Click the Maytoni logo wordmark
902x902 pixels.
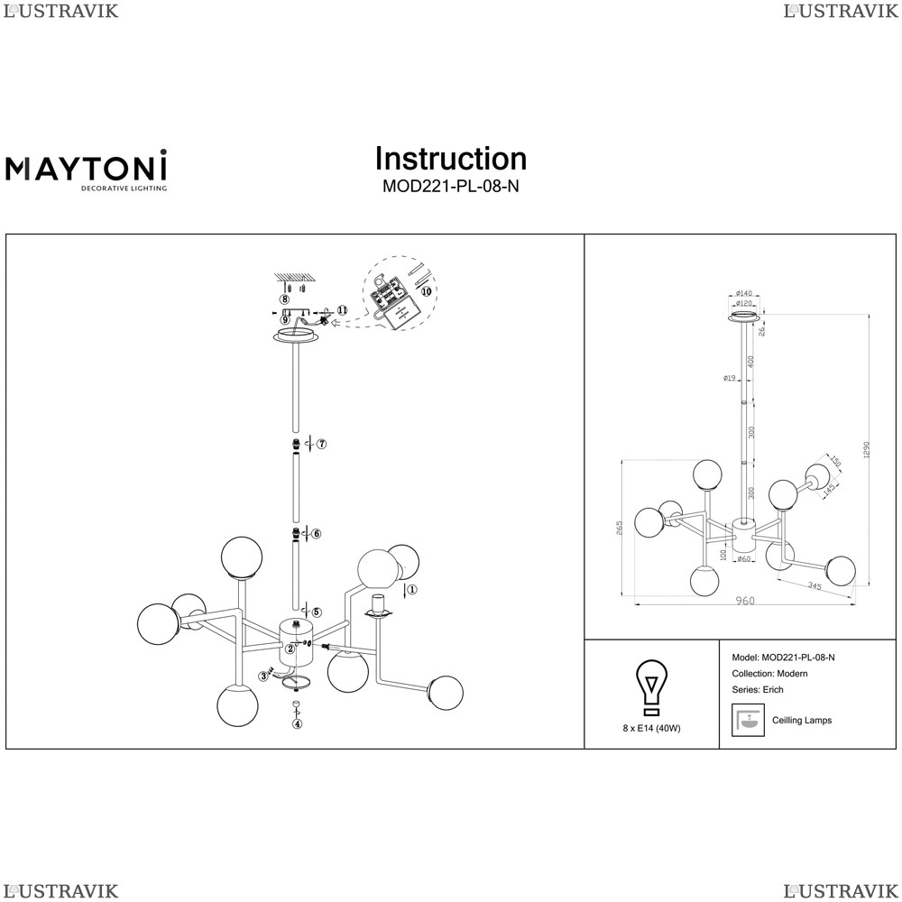click(87, 167)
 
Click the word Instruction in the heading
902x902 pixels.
click(450, 159)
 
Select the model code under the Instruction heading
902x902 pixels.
click(450, 187)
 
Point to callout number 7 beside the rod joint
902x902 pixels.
click(320, 444)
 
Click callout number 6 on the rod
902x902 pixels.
click(316, 534)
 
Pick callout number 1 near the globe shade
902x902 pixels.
click(411, 591)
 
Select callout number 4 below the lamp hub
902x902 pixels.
click(298, 723)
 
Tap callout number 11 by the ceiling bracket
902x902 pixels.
click(342, 310)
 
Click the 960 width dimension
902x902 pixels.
click(744, 601)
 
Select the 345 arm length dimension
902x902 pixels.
click(815, 587)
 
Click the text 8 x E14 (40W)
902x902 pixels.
click(651, 728)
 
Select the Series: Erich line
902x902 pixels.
click(759, 690)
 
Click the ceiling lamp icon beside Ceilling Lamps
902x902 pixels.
click(745, 720)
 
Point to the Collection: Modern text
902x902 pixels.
click(770, 674)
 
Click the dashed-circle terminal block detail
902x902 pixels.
click(398, 296)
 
